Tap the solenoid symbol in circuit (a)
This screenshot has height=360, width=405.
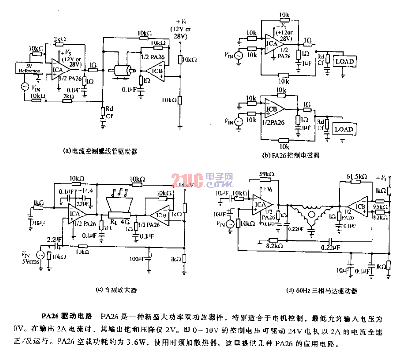point(121,72)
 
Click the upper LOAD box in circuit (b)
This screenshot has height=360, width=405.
point(344,61)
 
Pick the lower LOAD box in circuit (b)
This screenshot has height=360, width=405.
point(344,129)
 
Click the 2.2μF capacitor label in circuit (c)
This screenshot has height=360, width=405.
point(54,239)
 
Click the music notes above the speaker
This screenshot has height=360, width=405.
point(118,192)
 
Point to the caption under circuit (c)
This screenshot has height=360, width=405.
point(117,290)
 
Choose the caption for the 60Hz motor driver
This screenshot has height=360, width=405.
point(311,291)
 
